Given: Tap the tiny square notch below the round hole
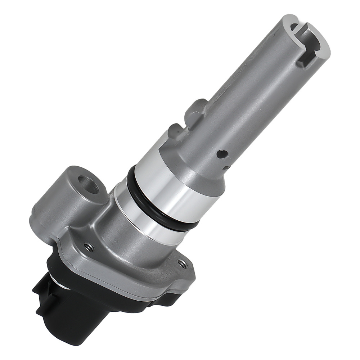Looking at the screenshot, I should pyautogui.click(x=226, y=167).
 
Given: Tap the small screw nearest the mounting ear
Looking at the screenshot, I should pyautogui.click(x=89, y=247).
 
